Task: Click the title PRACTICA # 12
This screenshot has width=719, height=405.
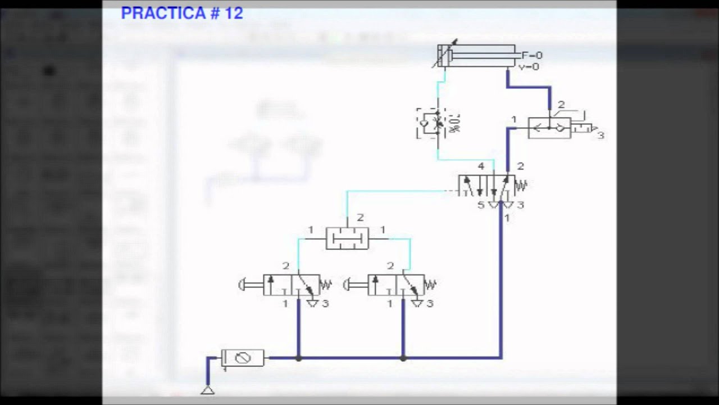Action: [x=182, y=13]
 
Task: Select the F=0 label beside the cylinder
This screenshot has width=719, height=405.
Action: [x=532, y=55]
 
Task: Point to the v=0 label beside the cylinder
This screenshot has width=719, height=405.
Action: [x=529, y=66]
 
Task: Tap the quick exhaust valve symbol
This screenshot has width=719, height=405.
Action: [x=549, y=128]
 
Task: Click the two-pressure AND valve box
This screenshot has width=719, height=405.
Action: [x=347, y=238]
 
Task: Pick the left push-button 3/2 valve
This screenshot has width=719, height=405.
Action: [x=291, y=285]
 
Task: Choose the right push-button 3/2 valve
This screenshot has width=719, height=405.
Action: [x=395, y=285]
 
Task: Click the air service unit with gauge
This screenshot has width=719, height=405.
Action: [x=243, y=357]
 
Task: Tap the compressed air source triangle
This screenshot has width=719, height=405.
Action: [x=208, y=389]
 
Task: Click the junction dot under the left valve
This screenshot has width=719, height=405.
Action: [x=298, y=358]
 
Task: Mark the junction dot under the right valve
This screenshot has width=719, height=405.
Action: [x=403, y=358]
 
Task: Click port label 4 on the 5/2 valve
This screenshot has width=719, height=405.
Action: [x=481, y=166]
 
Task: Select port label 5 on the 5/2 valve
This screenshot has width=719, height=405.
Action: [x=481, y=205]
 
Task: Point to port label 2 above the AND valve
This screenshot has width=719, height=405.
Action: [x=360, y=218]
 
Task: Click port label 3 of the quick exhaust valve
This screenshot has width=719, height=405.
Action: [x=600, y=136]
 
